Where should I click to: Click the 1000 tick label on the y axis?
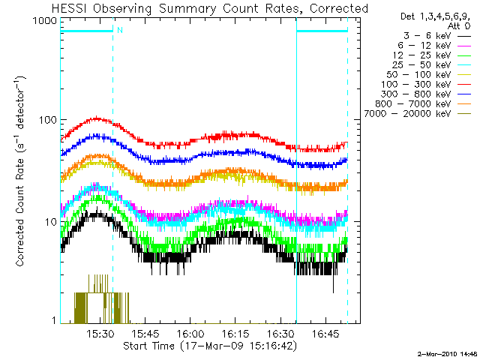click(x=45, y=22)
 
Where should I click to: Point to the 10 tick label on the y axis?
click(x=50, y=222)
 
